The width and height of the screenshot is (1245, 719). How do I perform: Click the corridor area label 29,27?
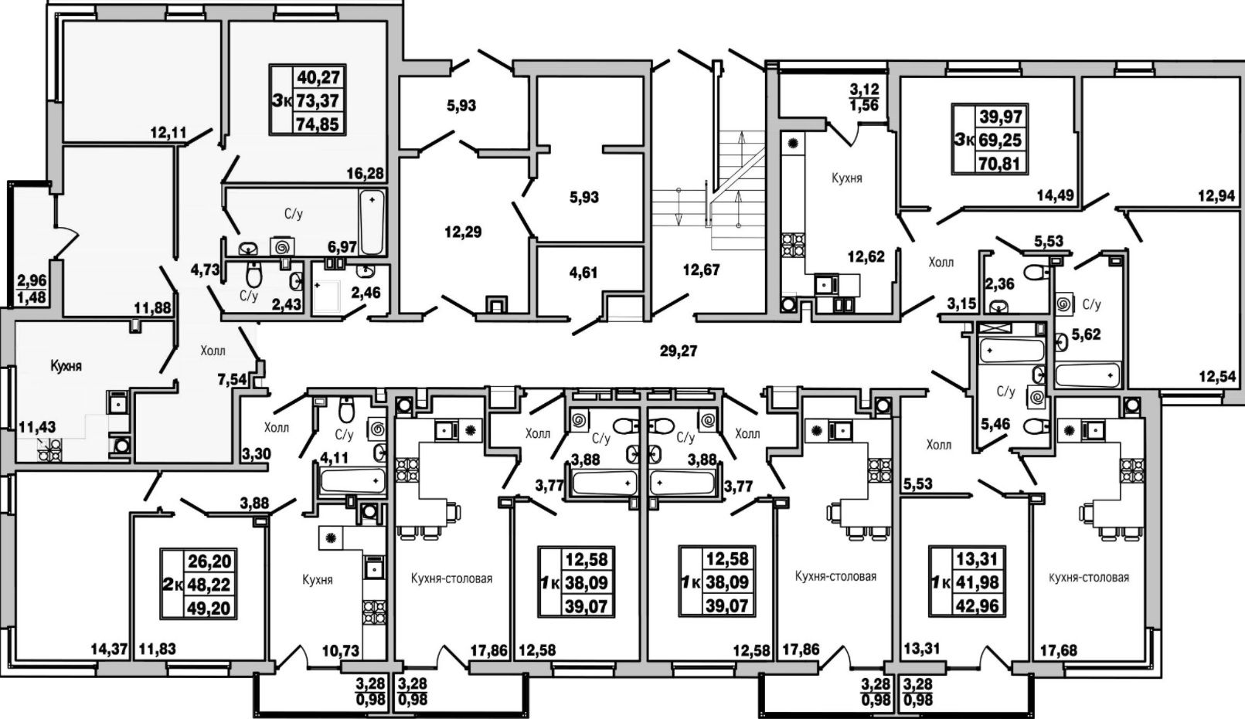click(678, 351)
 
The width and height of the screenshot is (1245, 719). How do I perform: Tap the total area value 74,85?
click(318, 124)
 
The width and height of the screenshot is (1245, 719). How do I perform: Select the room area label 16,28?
click(366, 174)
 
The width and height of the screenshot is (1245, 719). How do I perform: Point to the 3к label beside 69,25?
click(964, 140)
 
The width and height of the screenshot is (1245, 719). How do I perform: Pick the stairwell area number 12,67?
click(702, 270)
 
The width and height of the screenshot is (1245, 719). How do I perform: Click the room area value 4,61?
click(583, 273)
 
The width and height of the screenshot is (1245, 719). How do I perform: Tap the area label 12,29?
click(463, 232)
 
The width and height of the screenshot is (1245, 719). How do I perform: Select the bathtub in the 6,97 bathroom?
click(372, 222)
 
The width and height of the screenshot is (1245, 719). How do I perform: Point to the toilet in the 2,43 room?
click(253, 273)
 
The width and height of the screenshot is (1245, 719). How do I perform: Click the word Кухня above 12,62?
click(847, 178)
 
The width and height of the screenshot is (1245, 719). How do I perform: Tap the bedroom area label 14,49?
click(1056, 195)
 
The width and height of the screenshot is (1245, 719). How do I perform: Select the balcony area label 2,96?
click(32, 280)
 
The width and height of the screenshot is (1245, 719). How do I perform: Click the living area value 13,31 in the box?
click(968, 558)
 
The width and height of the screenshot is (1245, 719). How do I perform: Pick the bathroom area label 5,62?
click(1086, 334)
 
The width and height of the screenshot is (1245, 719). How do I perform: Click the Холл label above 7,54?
click(213, 351)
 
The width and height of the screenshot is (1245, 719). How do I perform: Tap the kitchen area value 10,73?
click(341, 650)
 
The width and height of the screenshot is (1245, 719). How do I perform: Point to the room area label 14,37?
click(110, 648)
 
